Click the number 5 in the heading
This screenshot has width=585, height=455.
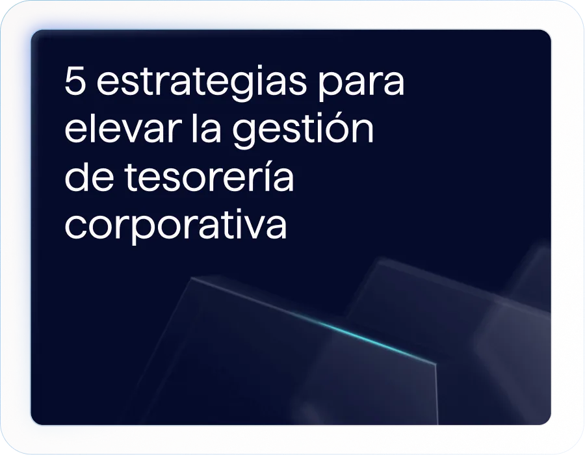[75, 81]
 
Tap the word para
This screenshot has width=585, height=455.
[361, 84]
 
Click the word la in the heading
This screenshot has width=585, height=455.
[206, 128]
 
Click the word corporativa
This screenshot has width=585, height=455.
[175, 226]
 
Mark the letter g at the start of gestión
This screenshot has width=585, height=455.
[245, 134]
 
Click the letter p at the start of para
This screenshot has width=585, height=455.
[331, 87]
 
